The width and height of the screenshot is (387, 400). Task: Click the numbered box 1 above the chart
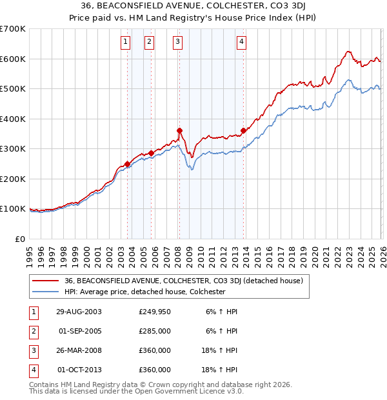pos(124,43)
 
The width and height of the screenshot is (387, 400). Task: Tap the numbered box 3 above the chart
pos(177,43)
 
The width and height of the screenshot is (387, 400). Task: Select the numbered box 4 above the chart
pos(241,43)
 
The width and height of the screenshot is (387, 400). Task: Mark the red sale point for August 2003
pos(128,164)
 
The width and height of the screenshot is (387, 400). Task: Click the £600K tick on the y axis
pos(13,59)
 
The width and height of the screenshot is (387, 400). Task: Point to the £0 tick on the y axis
pos(21,239)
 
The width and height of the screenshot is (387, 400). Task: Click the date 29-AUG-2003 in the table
pos(79,312)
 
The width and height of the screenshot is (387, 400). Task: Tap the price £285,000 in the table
pos(155,332)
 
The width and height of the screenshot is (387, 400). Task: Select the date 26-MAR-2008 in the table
pos(79,352)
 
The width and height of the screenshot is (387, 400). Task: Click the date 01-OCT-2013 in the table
pos(80,370)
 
